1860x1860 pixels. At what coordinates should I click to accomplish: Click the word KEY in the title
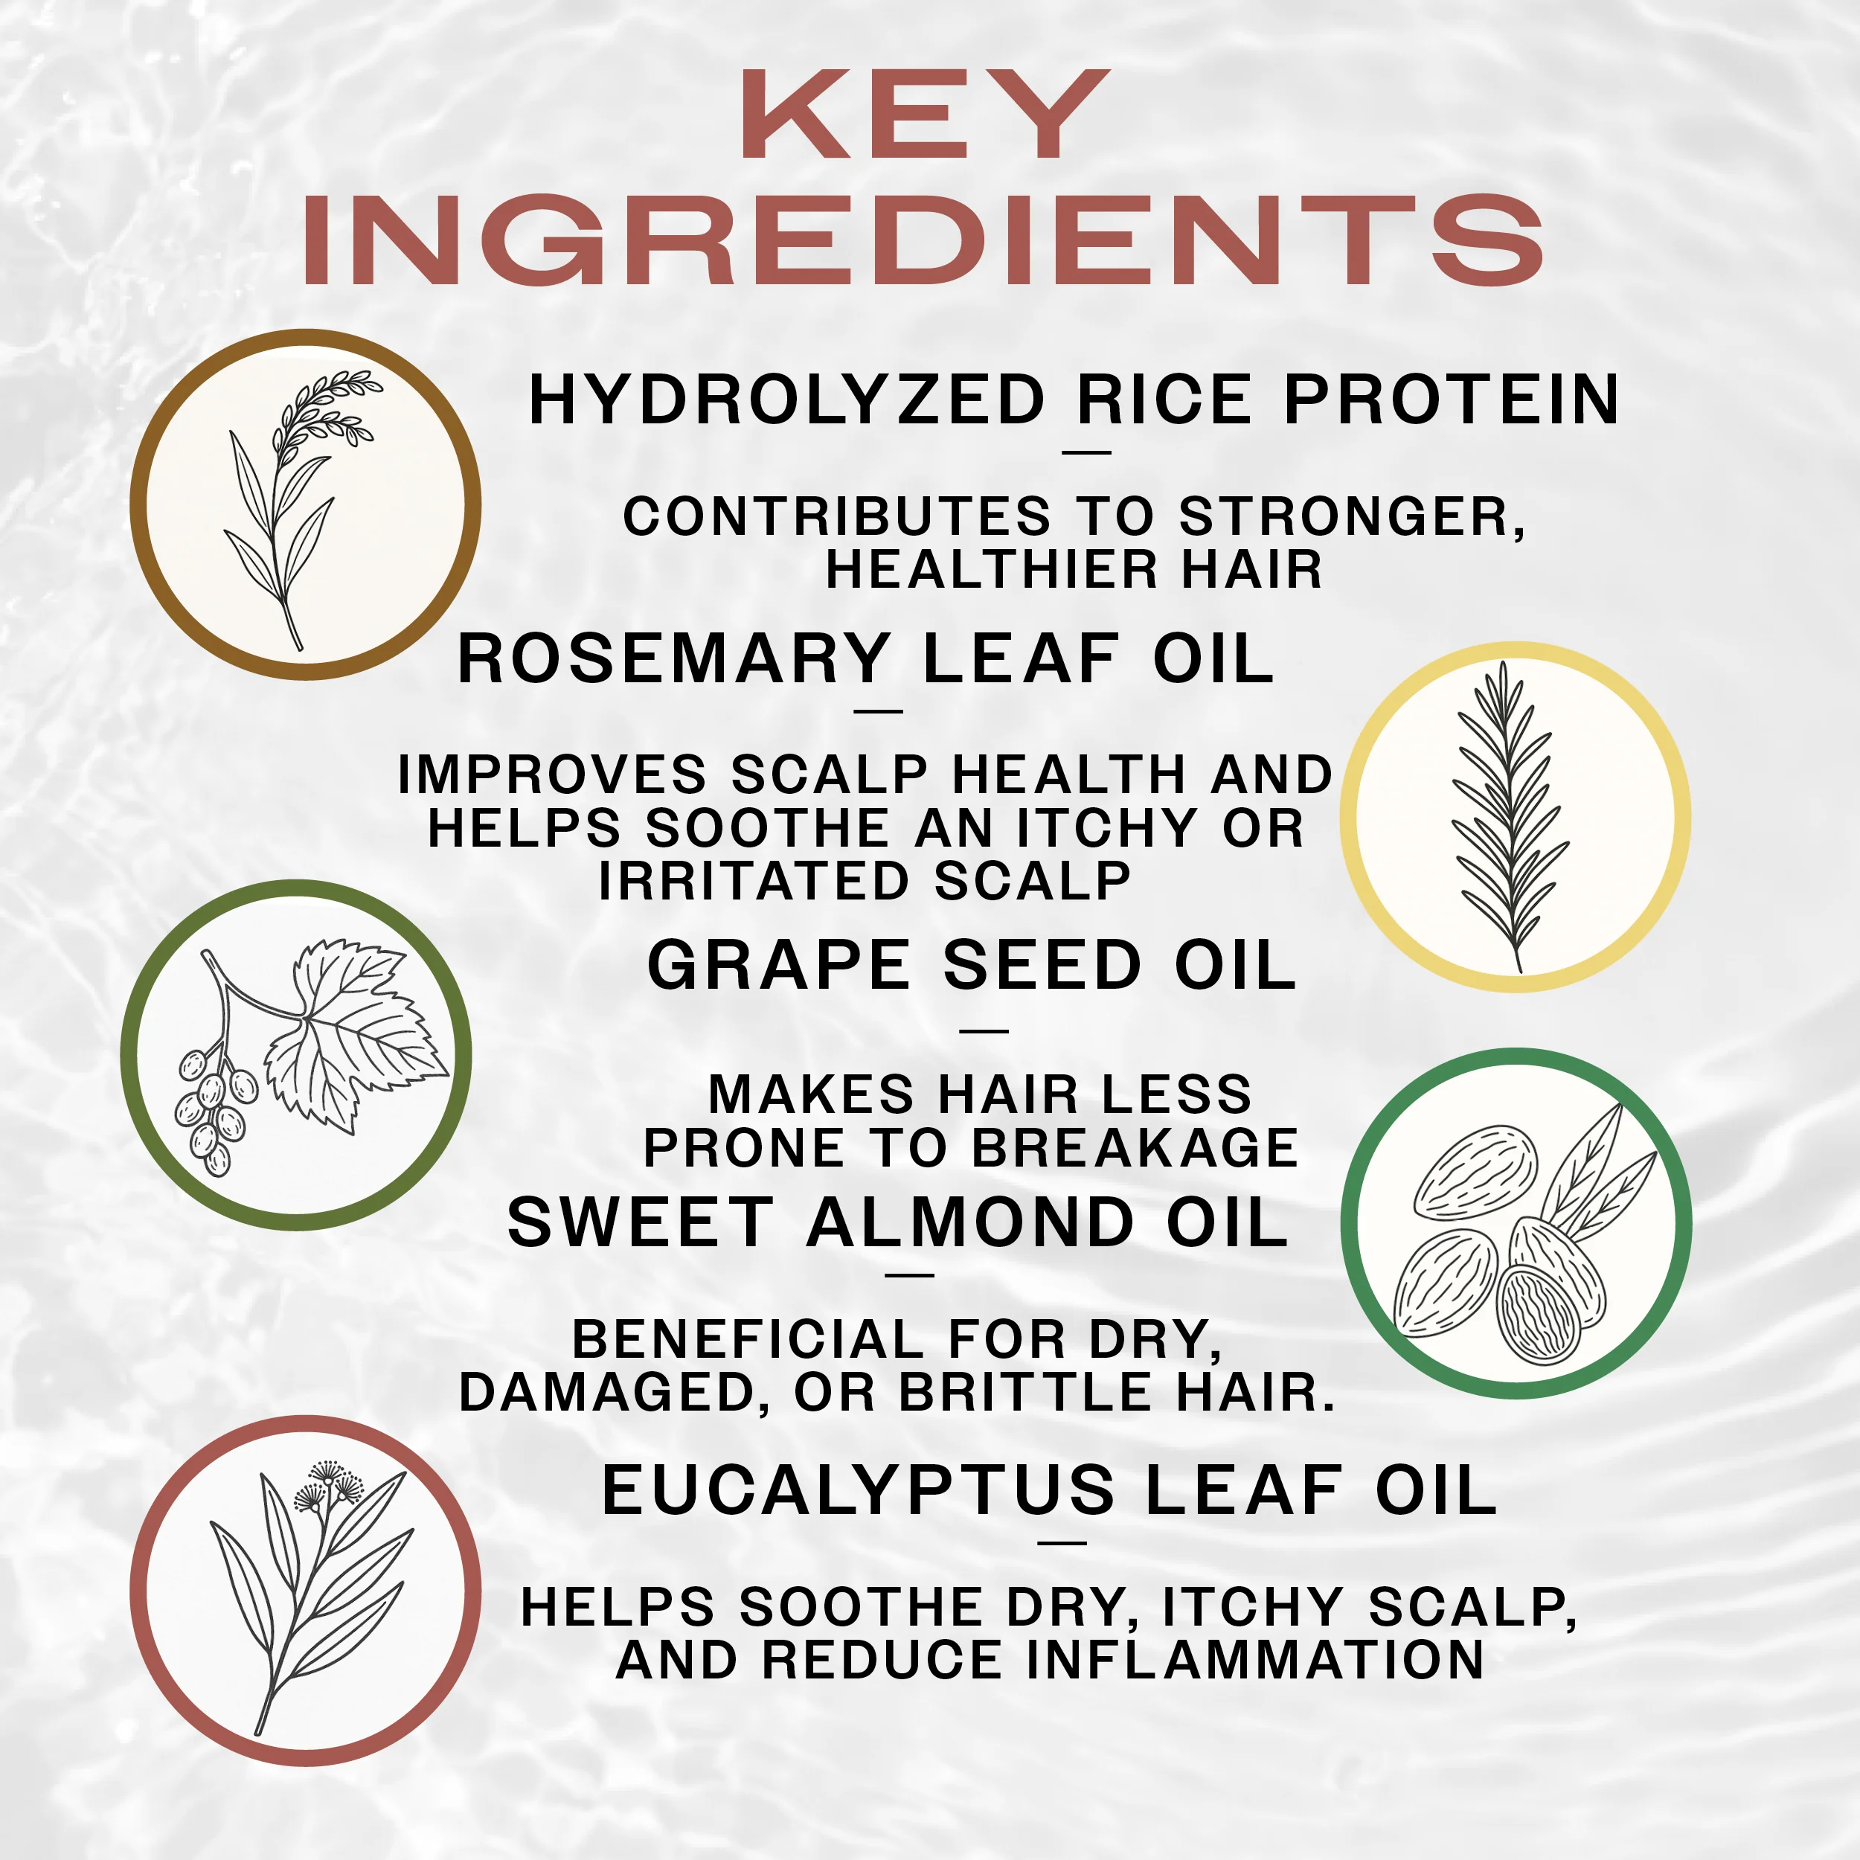926,115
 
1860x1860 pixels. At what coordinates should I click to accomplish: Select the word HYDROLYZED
786,400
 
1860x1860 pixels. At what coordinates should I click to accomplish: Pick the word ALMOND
970,1222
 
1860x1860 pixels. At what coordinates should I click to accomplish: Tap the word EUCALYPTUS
858,1490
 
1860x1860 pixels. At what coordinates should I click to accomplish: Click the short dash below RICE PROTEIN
1087,452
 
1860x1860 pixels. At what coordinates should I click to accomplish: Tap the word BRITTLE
1025,1393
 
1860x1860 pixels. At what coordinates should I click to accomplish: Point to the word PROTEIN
1452,400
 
